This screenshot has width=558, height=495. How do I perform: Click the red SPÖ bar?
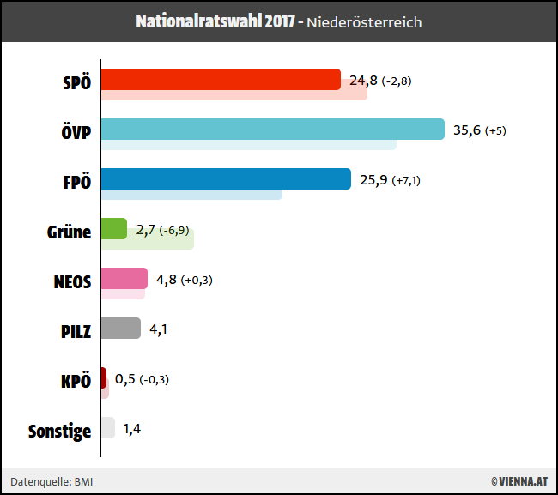coord(221,79)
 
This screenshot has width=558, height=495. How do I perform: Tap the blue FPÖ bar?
coord(226,178)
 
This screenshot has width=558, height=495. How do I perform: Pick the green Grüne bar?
coord(114,228)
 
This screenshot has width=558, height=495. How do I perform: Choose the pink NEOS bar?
coord(118,279)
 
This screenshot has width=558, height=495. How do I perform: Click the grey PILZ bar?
coord(121,328)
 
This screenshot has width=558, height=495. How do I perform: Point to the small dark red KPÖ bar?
coord(104,377)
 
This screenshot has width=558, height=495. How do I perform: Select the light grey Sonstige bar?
coord(108,427)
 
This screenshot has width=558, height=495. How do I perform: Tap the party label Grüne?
coord(69,232)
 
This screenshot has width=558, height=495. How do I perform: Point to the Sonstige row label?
coord(59,431)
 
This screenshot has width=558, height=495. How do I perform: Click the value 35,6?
coord(466,130)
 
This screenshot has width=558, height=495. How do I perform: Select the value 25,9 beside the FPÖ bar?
coord(373,180)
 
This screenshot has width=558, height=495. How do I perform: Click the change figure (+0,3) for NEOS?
coord(197,280)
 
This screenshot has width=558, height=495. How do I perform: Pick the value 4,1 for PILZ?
coord(158,329)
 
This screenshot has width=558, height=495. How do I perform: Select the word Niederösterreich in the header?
coord(366,22)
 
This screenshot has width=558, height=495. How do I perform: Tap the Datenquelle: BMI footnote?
coord(52,481)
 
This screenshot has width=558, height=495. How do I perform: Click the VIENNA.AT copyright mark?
coord(519,481)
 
